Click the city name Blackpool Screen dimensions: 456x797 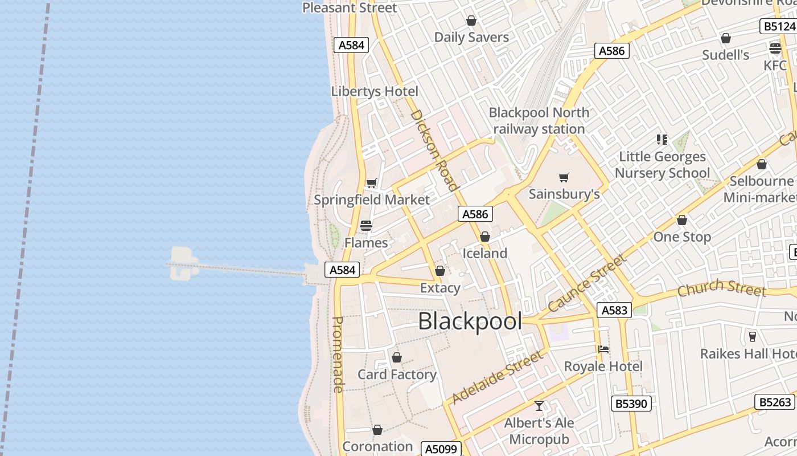coord(470,321)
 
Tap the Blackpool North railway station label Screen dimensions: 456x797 coord(539,121)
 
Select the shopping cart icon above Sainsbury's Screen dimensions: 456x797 coord(564,177)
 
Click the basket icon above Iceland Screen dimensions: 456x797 coord(485,237)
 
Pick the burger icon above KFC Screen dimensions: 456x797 coord(775,48)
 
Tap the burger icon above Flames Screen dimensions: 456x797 coord(366,226)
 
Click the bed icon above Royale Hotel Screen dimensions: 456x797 coord(603,349)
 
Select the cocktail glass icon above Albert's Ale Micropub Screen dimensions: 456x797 coord(539,406)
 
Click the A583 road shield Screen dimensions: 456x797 coord(614,310)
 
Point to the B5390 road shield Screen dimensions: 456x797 coord(631,404)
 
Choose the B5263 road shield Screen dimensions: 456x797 coord(775,402)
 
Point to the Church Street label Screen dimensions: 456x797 coord(721,288)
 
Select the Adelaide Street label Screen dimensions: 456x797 coord(497,377)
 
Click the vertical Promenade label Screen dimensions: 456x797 coord(338,355)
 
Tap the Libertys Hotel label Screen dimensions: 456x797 coord(375,91)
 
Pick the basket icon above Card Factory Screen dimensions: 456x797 coord(397,357)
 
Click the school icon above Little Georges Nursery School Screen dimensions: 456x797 coord(662,139)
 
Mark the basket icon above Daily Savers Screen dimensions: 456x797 coord(471,21)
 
